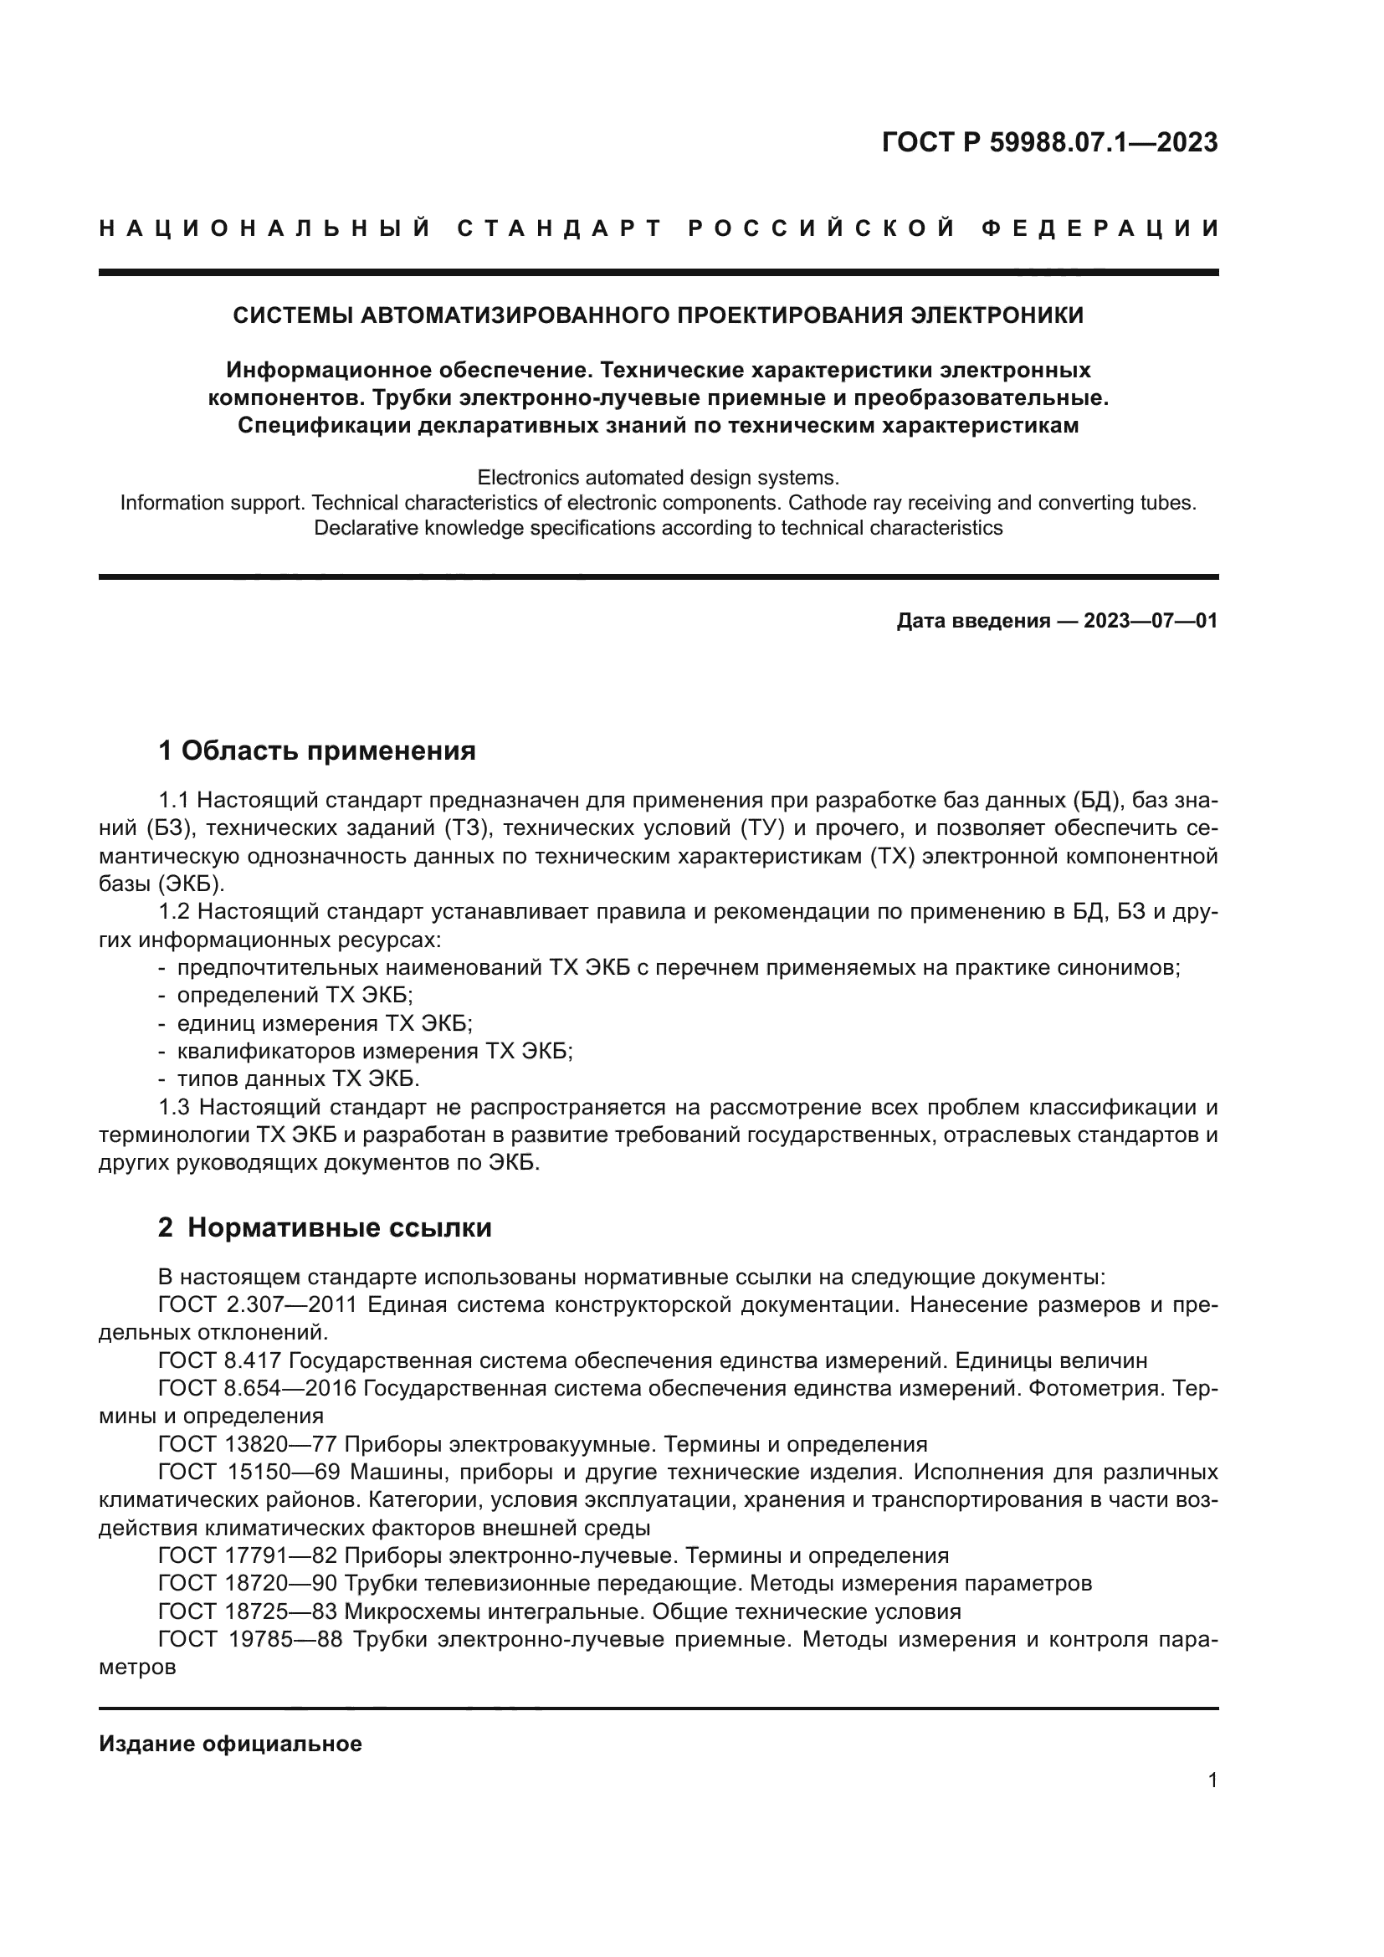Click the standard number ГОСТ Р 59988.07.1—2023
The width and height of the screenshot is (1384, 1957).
[1049, 142]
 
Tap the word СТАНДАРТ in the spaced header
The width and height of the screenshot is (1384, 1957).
[560, 228]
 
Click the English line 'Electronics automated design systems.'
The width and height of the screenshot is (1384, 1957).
[658, 476]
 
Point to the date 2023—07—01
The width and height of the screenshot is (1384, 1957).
[1151, 621]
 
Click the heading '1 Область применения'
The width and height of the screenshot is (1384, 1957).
[317, 751]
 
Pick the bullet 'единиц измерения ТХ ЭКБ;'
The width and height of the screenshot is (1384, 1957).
[324, 1022]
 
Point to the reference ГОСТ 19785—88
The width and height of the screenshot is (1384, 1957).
[249, 1639]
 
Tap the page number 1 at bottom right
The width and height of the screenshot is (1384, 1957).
[1212, 1780]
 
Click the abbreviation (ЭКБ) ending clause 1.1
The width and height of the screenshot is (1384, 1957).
[191, 883]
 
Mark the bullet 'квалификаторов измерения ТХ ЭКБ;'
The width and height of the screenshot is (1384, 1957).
[375, 1051]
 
